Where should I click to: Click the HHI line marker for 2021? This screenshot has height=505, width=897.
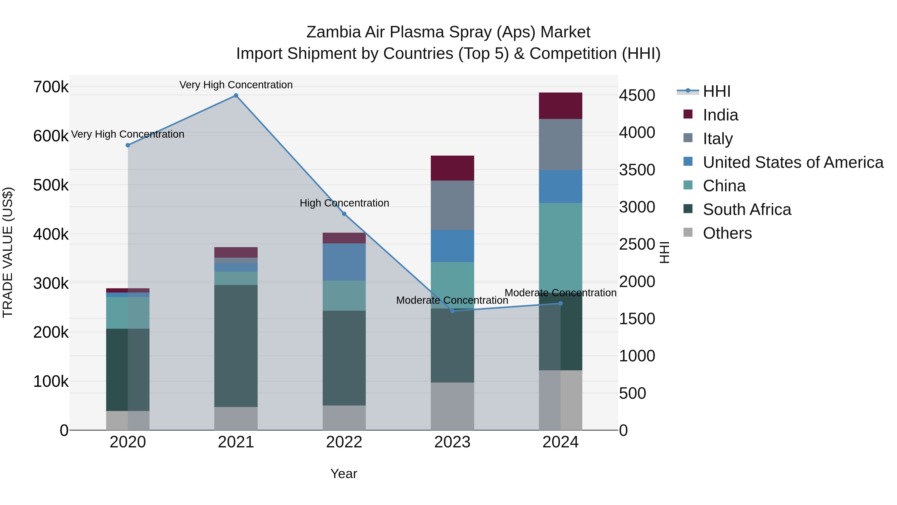(x=236, y=96)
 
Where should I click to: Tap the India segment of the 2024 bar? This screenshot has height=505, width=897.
(x=560, y=105)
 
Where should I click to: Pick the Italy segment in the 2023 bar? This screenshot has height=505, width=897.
(x=452, y=205)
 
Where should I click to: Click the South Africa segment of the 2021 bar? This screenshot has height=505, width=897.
(x=236, y=346)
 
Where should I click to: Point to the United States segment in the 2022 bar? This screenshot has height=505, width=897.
(x=344, y=262)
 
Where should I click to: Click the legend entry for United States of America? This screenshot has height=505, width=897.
(x=793, y=162)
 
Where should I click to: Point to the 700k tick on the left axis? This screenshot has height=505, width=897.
(x=51, y=87)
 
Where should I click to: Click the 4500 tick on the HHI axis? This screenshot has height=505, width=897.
(x=637, y=96)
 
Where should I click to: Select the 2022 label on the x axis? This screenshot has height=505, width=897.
(x=344, y=442)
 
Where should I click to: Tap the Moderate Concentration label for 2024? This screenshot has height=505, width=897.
(x=560, y=293)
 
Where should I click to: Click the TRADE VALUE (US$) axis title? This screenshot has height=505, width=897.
(x=8, y=252)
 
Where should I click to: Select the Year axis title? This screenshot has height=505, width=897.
(x=344, y=474)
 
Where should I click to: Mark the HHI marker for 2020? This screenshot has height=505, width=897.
(x=128, y=145)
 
